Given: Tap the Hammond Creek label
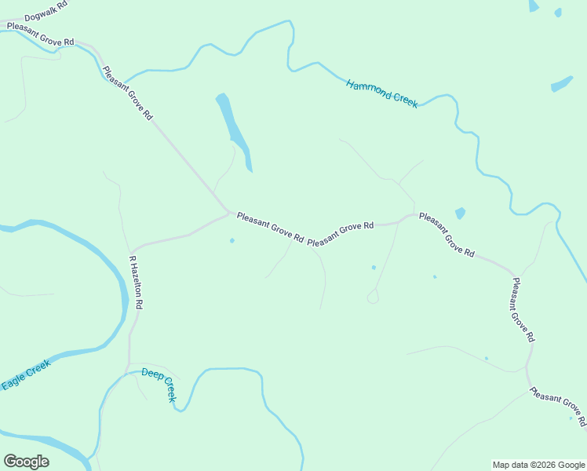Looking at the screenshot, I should [x=382, y=93].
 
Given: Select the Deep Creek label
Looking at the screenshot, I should [x=159, y=384].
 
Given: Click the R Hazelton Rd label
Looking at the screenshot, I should [x=136, y=282].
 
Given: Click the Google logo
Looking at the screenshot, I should [x=26, y=462].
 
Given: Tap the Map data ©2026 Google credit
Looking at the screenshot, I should [x=538, y=465].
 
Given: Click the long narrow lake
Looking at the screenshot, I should [x=234, y=130].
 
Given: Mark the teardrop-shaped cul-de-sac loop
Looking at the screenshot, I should [x=373, y=297].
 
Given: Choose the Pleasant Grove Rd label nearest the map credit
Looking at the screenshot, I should [x=557, y=407].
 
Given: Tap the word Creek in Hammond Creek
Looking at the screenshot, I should [x=404, y=100].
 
